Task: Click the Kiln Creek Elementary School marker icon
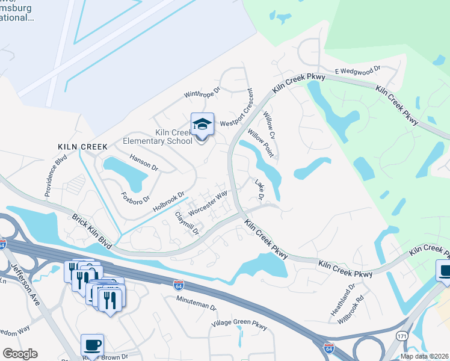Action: point(202,125)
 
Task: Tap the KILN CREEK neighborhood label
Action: point(82,147)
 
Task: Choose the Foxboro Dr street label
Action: point(134,199)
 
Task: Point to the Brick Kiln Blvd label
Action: point(93,231)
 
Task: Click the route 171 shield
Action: point(402,335)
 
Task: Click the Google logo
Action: point(20,354)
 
